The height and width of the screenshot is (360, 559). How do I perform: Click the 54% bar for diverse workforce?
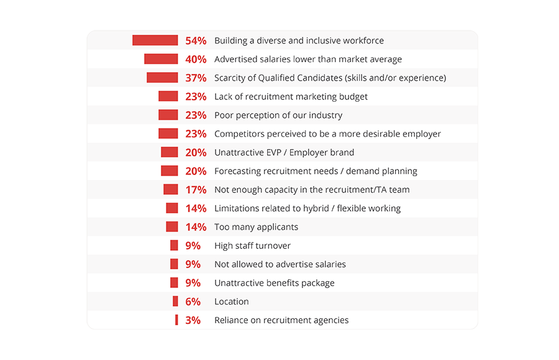point(155,40)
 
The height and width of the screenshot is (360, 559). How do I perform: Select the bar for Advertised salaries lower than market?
point(161,59)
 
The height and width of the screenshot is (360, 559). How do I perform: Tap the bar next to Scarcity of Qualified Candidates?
point(162,78)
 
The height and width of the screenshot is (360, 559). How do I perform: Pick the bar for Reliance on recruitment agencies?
point(176,320)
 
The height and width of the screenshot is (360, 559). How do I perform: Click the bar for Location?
point(175,302)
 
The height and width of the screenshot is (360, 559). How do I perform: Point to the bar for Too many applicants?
point(171,227)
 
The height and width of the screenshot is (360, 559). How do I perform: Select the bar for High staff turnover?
point(174,246)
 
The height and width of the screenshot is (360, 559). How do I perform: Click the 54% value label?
point(196,41)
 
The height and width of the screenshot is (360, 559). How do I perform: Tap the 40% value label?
point(196,60)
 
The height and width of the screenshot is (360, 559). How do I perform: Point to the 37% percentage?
point(196,78)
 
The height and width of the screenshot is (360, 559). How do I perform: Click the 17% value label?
point(196,190)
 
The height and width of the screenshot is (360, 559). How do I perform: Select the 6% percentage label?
point(193,302)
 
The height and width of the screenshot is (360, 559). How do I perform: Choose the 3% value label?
point(193,320)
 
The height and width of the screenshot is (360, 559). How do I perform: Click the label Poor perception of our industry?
point(278,115)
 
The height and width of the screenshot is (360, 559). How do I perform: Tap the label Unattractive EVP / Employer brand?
point(284,153)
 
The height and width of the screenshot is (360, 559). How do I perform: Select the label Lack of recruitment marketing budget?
point(291,97)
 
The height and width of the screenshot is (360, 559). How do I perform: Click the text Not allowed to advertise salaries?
point(280,264)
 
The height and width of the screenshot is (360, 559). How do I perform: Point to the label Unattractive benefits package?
point(275,283)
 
